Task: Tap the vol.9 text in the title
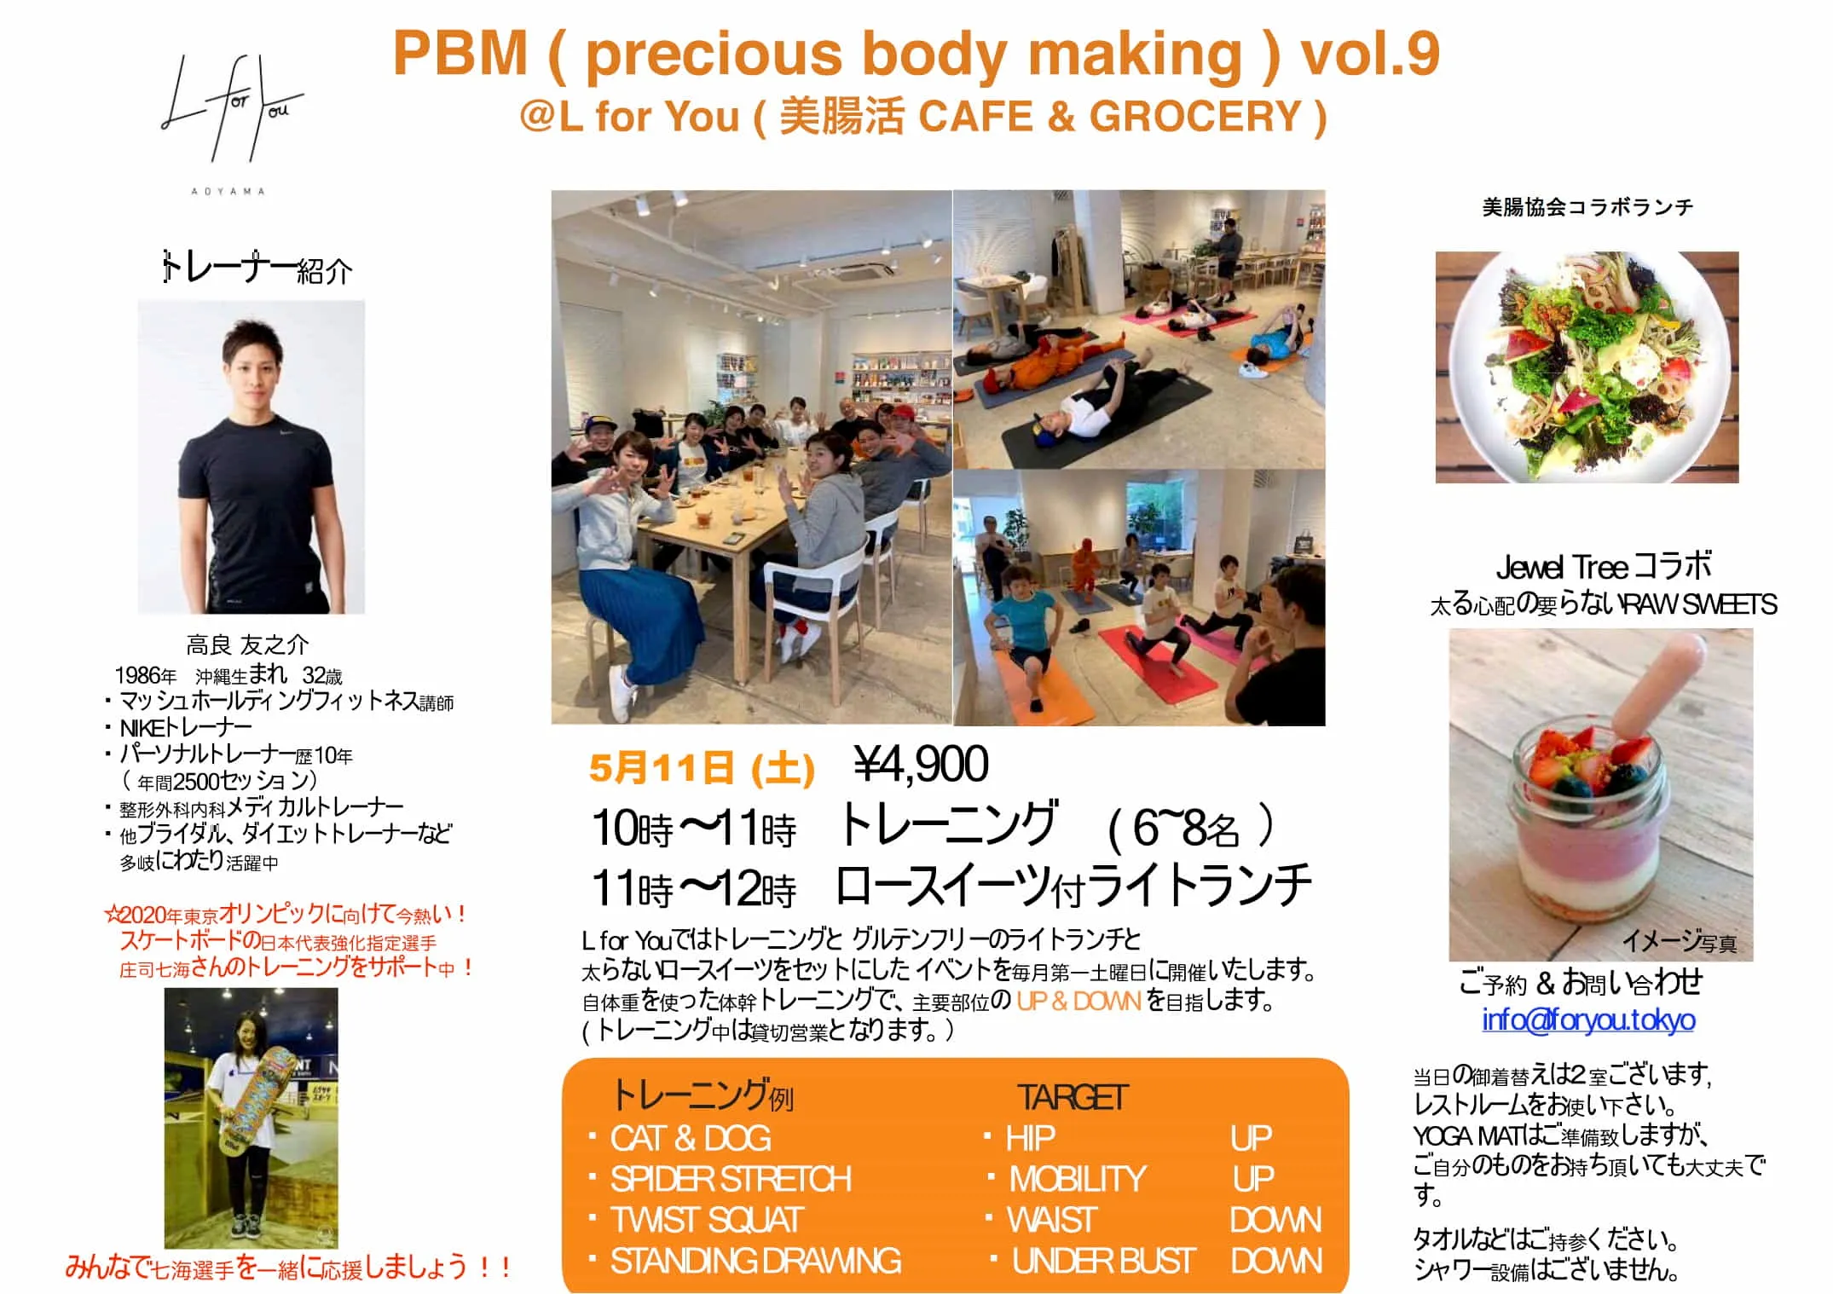1369,53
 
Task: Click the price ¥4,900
922,764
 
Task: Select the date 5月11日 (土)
702,767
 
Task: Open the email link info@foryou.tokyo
1588,1020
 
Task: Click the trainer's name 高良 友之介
247,644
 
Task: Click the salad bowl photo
1587,367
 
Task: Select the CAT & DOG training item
691,1138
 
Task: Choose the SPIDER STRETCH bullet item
731,1179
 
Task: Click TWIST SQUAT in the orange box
707,1220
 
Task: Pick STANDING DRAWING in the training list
755,1261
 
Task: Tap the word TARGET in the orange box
1073,1097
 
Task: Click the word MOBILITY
1078,1179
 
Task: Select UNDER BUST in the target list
1103,1261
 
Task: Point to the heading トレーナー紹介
257,269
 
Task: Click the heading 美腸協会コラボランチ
1587,207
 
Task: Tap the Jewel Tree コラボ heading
1604,566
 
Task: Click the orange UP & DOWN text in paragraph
1078,1001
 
